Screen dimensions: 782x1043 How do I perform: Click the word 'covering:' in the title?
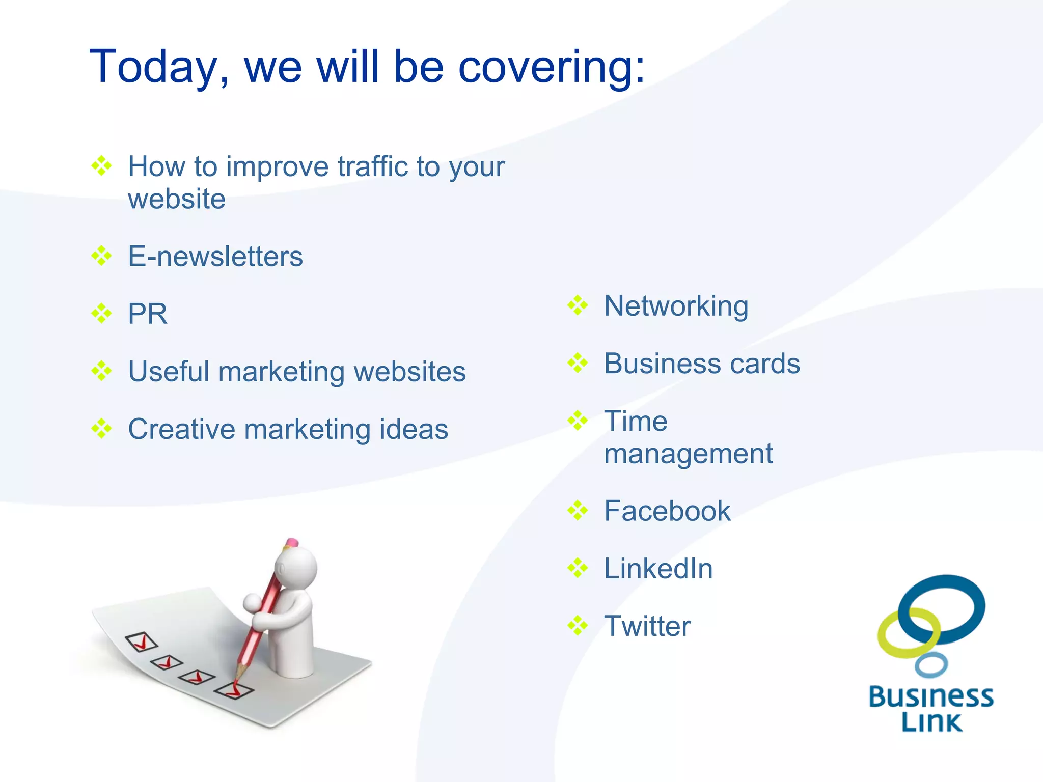[552, 68]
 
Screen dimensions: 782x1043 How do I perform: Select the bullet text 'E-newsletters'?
[215, 256]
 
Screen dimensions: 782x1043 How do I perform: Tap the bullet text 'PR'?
[147, 314]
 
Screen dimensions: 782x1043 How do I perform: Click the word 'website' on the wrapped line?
[176, 199]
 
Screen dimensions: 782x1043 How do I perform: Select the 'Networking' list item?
[676, 306]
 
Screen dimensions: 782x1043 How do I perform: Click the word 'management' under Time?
[688, 453]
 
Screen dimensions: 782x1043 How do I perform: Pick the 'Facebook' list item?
[667, 511]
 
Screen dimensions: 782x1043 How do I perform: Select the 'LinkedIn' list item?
[658, 568]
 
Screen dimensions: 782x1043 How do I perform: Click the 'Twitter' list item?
[647, 626]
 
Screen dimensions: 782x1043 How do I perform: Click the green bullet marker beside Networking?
[578, 305]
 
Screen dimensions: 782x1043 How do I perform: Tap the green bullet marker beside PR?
[101, 313]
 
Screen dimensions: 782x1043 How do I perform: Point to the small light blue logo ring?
[931, 665]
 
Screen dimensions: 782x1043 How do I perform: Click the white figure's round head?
[296, 567]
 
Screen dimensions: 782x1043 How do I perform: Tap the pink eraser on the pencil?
[292, 543]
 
